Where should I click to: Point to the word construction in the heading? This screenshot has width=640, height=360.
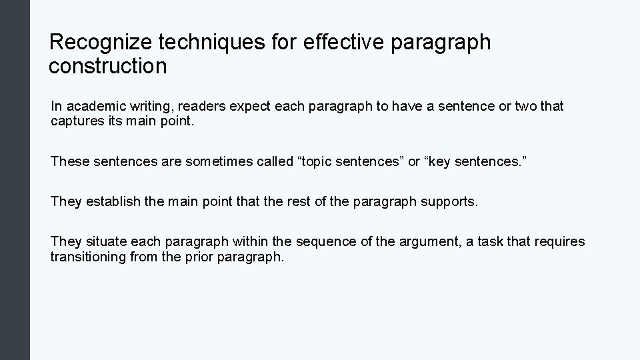coord(107,66)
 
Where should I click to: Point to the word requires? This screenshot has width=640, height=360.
coord(561,241)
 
